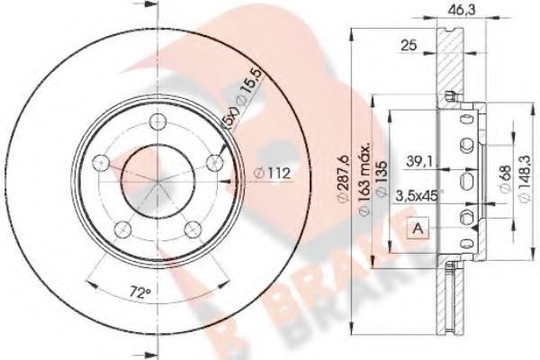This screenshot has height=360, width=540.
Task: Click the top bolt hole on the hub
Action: pos(158,123)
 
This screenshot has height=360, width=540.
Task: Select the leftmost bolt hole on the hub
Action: pos(102,163)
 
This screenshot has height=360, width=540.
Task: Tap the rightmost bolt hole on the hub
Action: pos(215,163)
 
